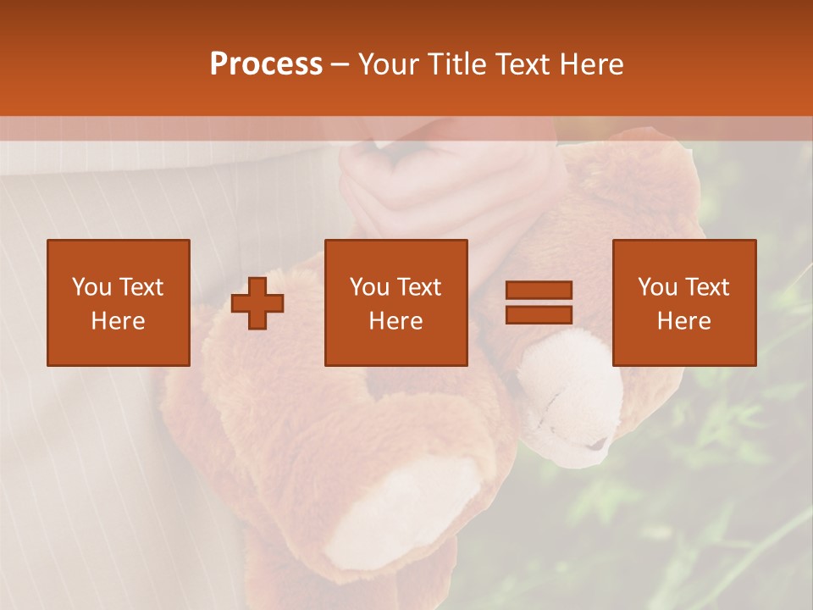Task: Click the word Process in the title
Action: pyautogui.click(x=266, y=64)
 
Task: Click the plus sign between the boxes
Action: pyautogui.click(x=257, y=302)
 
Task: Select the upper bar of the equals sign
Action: pyautogui.click(x=539, y=290)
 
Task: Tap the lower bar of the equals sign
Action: pyautogui.click(x=539, y=315)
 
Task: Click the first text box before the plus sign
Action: pyautogui.click(x=118, y=302)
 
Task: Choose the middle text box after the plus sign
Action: pyautogui.click(x=395, y=302)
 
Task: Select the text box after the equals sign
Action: pyautogui.click(x=683, y=302)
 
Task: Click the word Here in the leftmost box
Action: pyautogui.click(x=118, y=321)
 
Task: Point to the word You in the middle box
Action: pyautogui.click(x=369, y=287)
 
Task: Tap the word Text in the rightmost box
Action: pyautogui.click(x=706, y=287)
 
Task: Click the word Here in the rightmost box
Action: pyautogui.click(x=683, y=321)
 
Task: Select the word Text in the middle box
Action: pyautogui.click(x=419, y=287)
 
